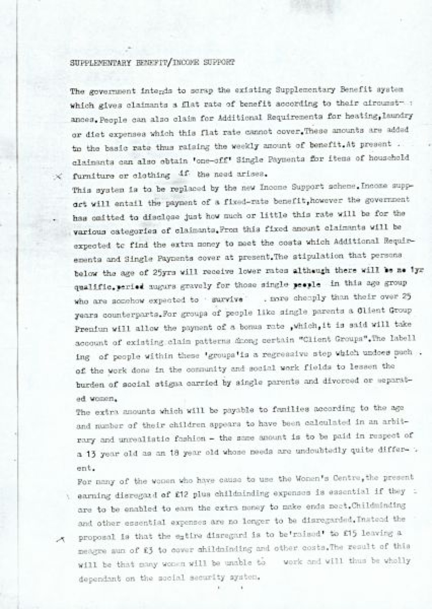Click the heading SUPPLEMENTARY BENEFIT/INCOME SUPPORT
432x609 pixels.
click(152, 62)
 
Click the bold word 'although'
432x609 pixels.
click(312, 270)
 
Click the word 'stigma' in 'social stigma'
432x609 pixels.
click(163, 384)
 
